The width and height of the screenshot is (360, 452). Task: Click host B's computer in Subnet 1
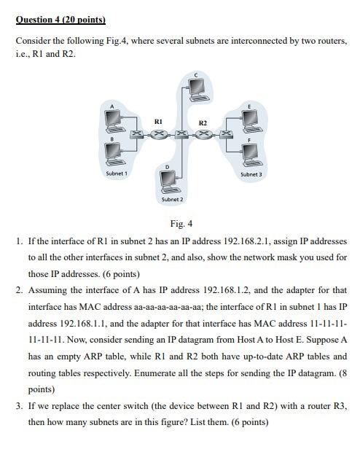(x=113, y=152)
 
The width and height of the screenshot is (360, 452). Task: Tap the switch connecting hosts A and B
(x=136, y=135)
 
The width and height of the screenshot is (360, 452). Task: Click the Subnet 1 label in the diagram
(x=117, y=174)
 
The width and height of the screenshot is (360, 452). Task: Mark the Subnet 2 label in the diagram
(x=172, y=199)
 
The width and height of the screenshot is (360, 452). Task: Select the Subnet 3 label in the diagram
(x=251, y=174)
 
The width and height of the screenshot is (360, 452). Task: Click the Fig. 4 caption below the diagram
(x=181, y=224)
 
